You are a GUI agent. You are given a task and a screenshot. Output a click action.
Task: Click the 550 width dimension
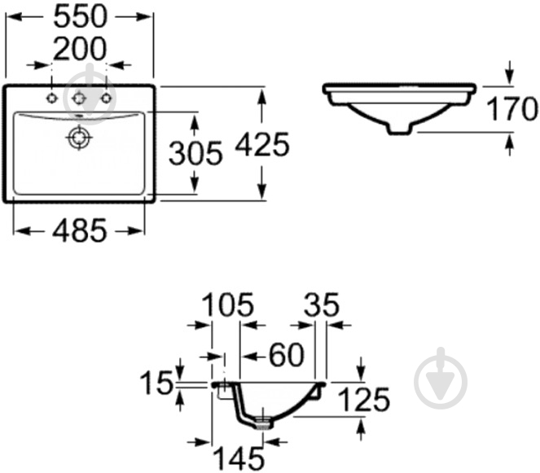[x=81, y=16]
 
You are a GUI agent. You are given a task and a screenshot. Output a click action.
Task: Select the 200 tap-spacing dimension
[x=80, y=49]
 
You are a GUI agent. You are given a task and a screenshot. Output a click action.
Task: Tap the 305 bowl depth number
[x=195, y=153]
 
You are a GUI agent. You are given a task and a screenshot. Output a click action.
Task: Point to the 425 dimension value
[x=261, y=144]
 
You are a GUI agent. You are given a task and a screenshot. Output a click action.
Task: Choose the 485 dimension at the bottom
[x=80, y=230]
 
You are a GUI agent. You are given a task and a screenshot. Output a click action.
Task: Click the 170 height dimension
[x=512, y=108]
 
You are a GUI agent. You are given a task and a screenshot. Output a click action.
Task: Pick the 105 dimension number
[x=227, y=304]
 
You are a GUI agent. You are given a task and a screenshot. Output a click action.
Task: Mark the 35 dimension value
[x=322, y=304]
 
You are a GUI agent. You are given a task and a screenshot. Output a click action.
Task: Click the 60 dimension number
[x=287, y=355]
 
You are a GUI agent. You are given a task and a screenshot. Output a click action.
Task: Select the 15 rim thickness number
[x=156, y=383]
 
